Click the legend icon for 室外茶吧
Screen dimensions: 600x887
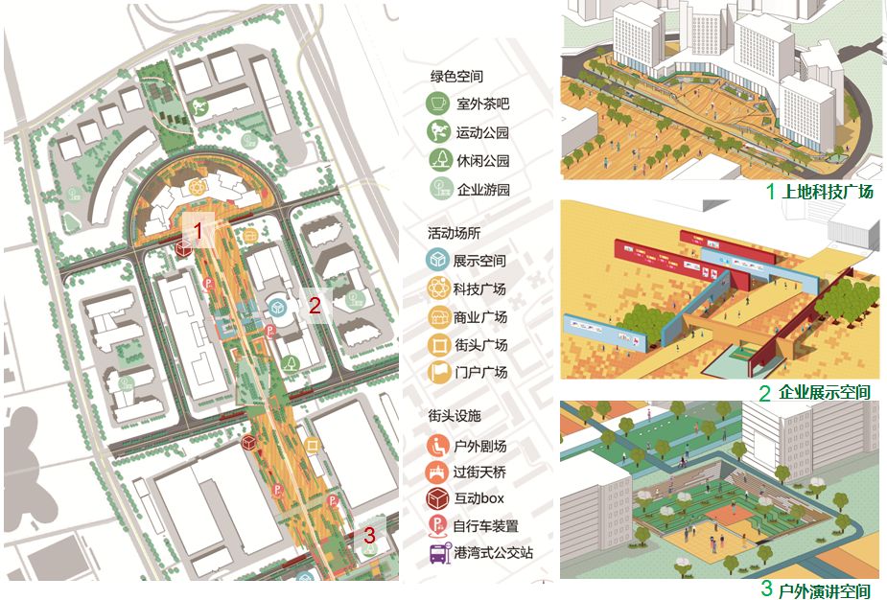(x=439, y=104)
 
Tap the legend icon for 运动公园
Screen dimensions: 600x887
(x=439, y=132)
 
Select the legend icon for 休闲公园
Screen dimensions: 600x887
(x=439, y=160)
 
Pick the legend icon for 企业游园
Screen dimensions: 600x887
(x=439, y=189)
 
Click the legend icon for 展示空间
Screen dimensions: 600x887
(x=439, y=260)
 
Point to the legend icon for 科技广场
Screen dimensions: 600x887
(x=439, y=288)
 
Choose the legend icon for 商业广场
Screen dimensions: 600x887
(x=439, y=316)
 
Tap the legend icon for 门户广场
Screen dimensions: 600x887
(x=439, y=372)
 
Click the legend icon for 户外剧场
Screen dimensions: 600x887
(x=439, y=445)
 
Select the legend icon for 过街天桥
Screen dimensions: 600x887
(x=439, y=472)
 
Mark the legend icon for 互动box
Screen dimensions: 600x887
(x=439, y=498)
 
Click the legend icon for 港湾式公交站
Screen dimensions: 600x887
(x=439, y=553)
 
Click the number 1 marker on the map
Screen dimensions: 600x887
(x=198, y=230)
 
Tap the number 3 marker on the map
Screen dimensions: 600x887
(x=371, y=535)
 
